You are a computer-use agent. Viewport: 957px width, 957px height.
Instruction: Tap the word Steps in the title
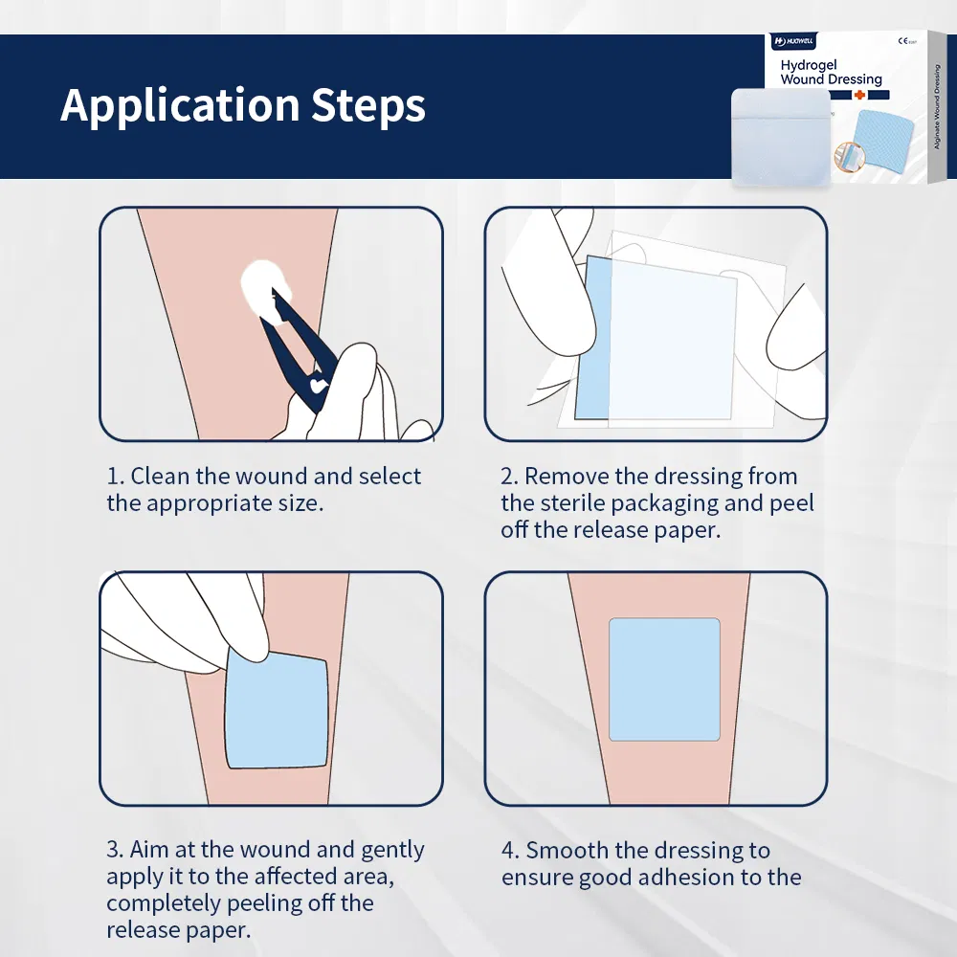[368, 106]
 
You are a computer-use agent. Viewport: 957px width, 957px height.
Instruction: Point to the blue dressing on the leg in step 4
[664, 679]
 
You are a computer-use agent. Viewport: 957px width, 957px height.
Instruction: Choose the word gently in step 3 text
[391, 851]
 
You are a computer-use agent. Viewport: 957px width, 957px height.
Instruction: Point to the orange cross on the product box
[859, 96]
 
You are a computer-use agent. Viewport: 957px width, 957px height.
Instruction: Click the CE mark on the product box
[902, 42]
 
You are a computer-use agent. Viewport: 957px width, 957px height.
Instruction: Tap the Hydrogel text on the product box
[809, 65]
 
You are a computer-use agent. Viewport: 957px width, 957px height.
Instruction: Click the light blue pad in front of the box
[779, 136]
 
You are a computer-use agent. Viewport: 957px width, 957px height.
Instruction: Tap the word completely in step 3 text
[163, 904]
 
